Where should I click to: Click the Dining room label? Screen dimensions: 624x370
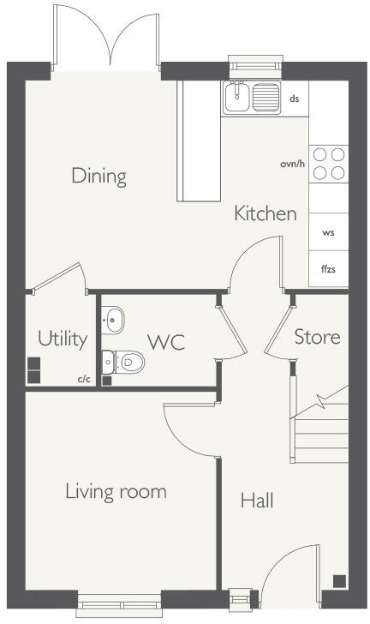pos(98,177)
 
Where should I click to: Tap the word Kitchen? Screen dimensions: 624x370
pos(266,213)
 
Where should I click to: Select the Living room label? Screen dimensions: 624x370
pos(116,492)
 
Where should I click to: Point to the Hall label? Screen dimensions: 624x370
pos(257,501)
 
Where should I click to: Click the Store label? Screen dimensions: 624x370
pos(317,337)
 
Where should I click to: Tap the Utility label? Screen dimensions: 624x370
pos(63,339)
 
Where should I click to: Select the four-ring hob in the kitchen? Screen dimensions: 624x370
pos(328,164)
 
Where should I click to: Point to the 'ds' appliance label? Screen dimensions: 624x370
pos(294,99)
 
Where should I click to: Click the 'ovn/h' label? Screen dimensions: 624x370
pos(292,164)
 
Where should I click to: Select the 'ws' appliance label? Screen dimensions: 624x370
pos(328,232)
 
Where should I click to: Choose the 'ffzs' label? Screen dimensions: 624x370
pos(328,269)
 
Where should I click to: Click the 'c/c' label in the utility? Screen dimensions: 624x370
pos(84,378)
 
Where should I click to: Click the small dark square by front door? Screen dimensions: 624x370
pos(339,579)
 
